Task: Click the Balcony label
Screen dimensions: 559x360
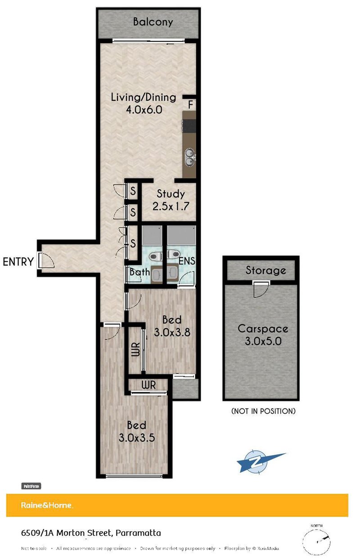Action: click(x=153, y=22)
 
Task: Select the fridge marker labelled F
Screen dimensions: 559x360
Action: click(x=191, y=105)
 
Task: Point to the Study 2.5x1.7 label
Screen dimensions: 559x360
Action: click(x=171, y=200)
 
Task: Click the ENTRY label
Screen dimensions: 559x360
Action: click(x=18, y=262)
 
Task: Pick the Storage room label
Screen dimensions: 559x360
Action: click(x=265, y=270)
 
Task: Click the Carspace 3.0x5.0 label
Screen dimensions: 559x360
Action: click(x=263, y=334)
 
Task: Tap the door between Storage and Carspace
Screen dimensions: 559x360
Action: click(x=260, y=288)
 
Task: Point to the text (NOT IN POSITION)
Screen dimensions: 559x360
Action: click(x=263, y=411)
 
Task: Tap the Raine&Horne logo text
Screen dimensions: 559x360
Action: click(x=47, y=505)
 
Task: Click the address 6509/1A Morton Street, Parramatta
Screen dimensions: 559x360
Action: click(x=91, y=533)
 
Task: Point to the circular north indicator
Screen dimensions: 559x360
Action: click(x=319, y=539)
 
